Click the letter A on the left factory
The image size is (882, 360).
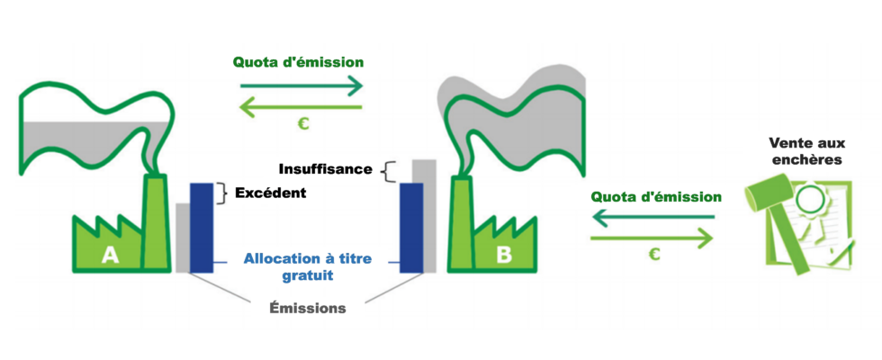pos(110,255)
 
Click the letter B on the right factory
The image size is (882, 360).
pos(503,255)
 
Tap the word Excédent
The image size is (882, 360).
pos(271,193)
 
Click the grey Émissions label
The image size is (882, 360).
pos(307,308)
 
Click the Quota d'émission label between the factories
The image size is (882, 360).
pos(299,62)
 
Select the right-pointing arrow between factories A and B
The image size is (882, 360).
pos(301,86)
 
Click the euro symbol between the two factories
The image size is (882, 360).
pos(302,125)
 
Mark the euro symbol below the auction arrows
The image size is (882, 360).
pos(654,256)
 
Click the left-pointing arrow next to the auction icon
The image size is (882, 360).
pos(652,217)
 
